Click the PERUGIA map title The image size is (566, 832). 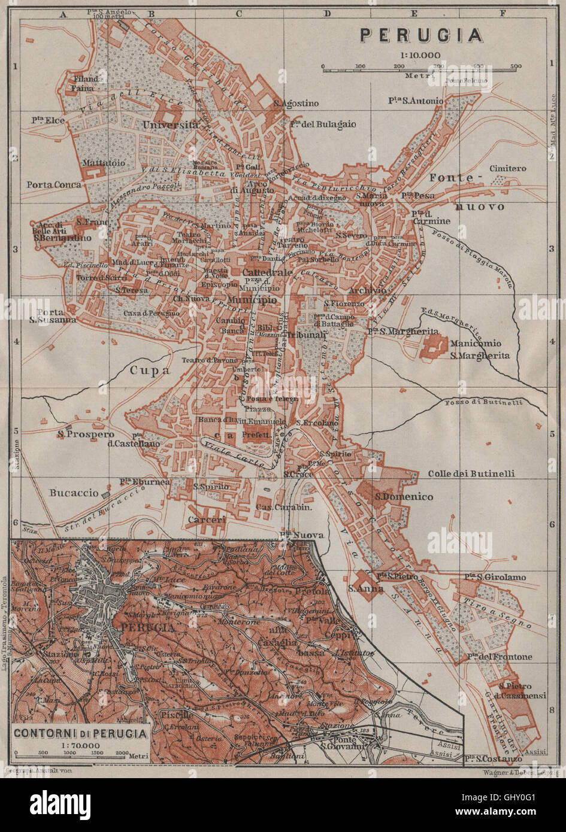pyautogui.click(x=421, y=35)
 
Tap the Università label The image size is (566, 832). pyautogui.click(x=171, y=125)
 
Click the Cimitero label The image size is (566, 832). pyautogui.click(x=508, y=169)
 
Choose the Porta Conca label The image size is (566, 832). pyautogui.click(x=53, y=185)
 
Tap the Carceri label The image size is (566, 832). pyautogui.click(x=207, y=520)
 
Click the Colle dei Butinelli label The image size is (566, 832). pyautogui.click(x=471, y=473)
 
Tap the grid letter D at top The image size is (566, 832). pyautogui.click(x=327, y=12)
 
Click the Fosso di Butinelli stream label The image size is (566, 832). pyautogui.click(x=483, y=402)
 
